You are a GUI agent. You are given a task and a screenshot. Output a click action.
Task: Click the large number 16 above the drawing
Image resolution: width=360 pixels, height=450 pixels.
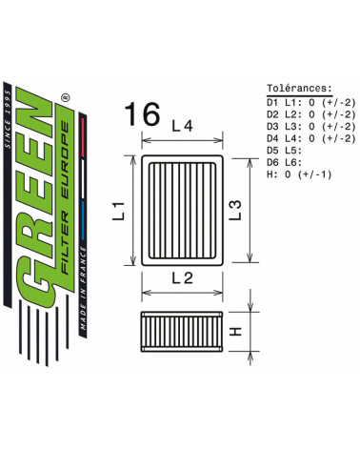(142, 113)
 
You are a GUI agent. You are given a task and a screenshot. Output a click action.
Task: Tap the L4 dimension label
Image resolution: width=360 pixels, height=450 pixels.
(182, 126)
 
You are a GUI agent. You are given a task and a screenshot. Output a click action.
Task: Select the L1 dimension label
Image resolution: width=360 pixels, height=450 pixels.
(119, 211)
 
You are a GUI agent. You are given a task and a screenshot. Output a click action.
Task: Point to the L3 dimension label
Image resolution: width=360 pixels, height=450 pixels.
(235, 210)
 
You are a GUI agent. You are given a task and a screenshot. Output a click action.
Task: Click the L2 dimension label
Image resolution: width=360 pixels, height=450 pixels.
(182, 278)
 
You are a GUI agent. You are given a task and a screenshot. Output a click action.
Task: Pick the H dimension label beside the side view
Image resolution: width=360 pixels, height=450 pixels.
(235, 332)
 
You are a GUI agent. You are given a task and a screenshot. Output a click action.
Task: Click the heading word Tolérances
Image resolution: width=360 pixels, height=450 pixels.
(299, 88)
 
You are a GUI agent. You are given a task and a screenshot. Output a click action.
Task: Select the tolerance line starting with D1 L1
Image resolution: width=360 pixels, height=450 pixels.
(311, 102)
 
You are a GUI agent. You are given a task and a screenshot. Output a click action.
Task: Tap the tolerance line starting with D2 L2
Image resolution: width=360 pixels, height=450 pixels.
(311, 114)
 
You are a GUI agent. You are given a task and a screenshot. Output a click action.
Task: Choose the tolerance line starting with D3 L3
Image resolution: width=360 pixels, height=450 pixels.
(311, 126)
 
